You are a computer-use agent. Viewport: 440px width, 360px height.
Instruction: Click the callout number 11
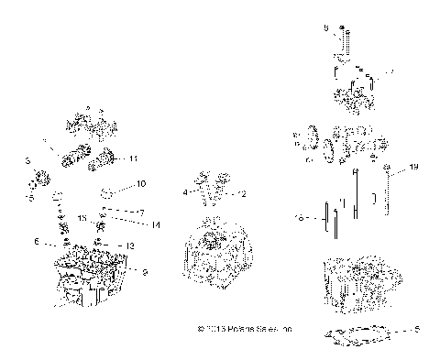133,158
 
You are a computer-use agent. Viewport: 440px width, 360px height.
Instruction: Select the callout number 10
141,184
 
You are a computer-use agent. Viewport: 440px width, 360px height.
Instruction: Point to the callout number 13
129,245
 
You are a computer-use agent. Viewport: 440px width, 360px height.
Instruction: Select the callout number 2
243,194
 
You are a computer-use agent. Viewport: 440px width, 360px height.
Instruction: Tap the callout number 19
413,168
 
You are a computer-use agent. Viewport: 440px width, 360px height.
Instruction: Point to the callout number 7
141,212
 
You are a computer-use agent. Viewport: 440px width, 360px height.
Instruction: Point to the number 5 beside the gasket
417,330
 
